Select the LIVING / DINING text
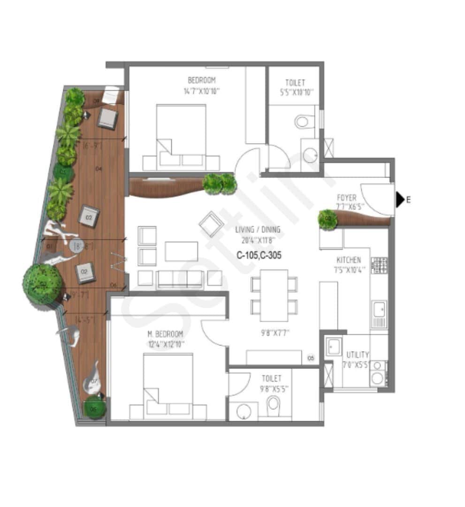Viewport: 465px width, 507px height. pyautogui.click(x=259, y=230)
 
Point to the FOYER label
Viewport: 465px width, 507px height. pyautogui.click(x=346, y=198)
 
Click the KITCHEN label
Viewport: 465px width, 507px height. pyautogui.click(x=349, y=260)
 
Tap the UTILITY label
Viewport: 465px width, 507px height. pyautogui.click(x=358, y=354)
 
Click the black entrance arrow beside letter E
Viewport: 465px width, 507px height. pyautogui.click(x=399, y=200)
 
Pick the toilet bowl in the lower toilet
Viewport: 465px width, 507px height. pyautogui.click(x=273, y=404)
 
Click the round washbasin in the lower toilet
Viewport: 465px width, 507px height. pyautogui.click(x=244, y=412)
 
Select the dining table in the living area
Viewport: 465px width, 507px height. pyautogui.click(x=274, y=295)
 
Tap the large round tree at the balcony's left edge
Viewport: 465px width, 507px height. pyautogui.click(x=43, y=284)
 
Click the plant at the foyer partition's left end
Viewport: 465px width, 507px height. pyautogui.click(x=328, y=219)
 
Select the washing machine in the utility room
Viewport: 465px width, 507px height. pyautogui.click(x=377, y=377)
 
